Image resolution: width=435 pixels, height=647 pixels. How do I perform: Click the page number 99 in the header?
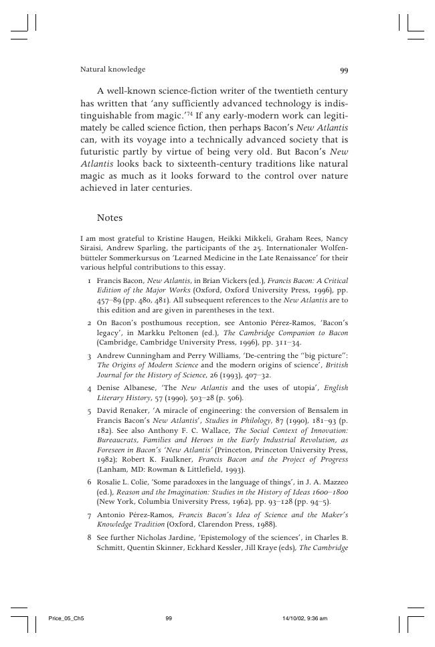tap(344, 70)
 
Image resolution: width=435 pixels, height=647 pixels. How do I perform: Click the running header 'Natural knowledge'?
tap(112, 70)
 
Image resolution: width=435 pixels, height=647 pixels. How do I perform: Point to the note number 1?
tap(89, 280)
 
